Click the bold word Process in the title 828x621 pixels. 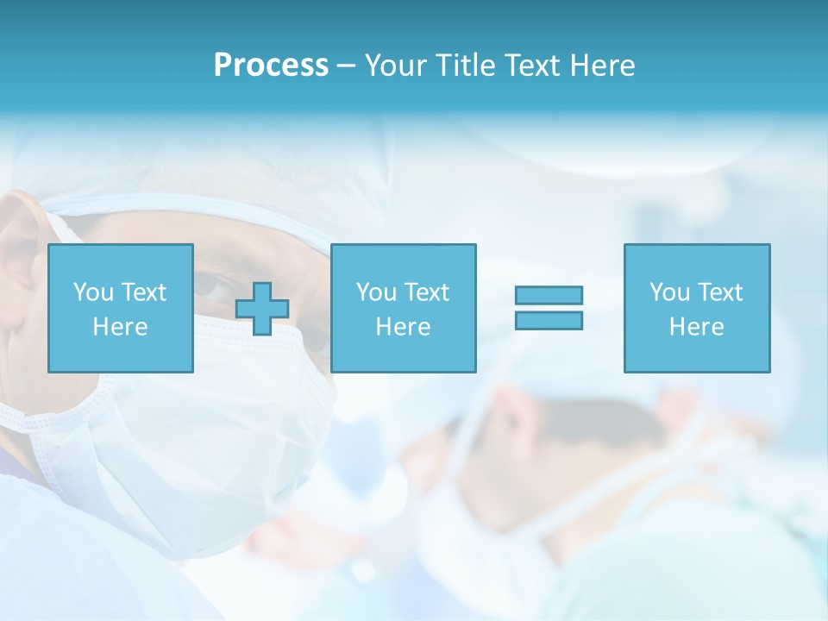pyautogui.click(x=271, y=66)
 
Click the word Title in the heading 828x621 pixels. pyautogui.click(x=467, y=66)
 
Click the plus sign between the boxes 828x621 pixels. pyautogui.click(x=262, y=309)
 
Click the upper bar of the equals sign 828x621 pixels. pyautogui.click(x=549, y=295)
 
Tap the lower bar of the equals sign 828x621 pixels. pyautogui.click(x=549, y=321)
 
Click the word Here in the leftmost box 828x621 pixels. pyautogui.click(x=120, y=327)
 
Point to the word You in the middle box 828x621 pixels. pyautogui.click(x=376, y=292)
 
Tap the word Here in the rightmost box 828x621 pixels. pyautogui.click(x=696, y=327)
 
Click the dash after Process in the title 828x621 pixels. pyautogui.click(x=346, y=66)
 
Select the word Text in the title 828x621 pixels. pyautogui.click(x=531, y=66)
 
